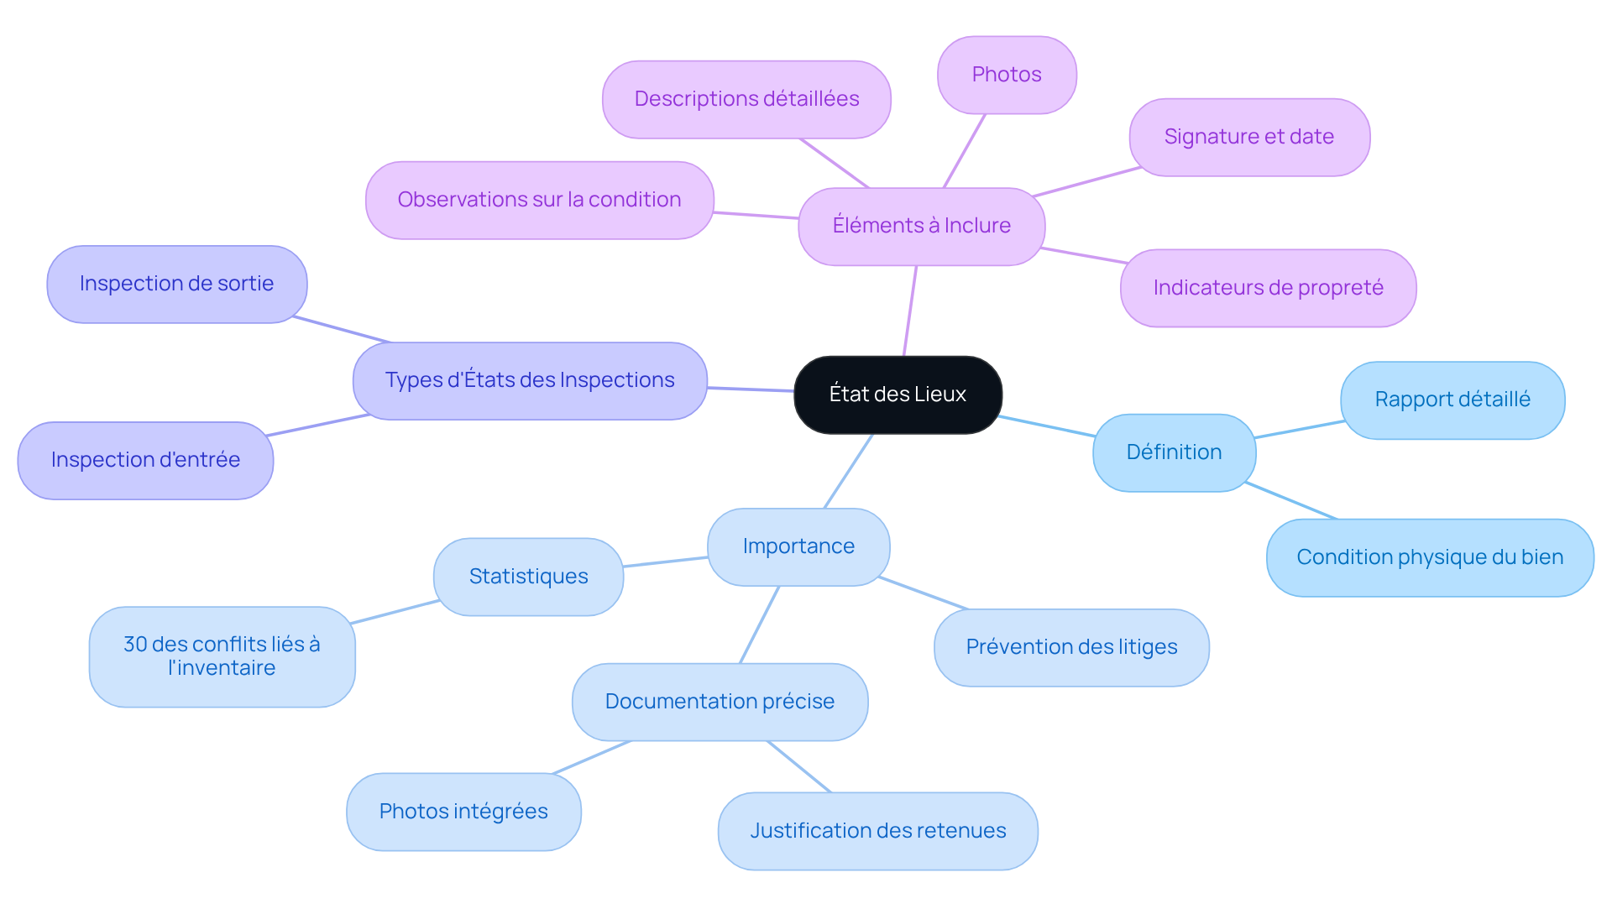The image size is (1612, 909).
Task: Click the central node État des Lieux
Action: click(x=898, y=394)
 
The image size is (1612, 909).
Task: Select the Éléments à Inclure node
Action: click(x=921, y=226)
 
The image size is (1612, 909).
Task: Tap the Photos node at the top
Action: click(x=1006, y=75)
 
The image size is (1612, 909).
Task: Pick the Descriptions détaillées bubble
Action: click(x=746, y=99)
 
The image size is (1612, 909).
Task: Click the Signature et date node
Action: click(x=1248, y=137)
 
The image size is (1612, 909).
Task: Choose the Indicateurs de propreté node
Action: click(x=1268, y=288)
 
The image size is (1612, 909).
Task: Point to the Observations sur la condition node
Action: click(x=539, y=200)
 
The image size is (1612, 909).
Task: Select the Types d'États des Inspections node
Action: click(x=530, y=380)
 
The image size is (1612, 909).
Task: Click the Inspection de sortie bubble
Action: click(x=176, y=284)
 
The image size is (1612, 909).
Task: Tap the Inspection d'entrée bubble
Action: click(x=145, y=460)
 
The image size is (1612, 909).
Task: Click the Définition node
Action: click(x=1174, y=452)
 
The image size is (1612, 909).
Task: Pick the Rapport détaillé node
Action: click(x=1452, y=400)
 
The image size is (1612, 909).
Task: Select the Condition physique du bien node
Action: click(x=1429, y=557)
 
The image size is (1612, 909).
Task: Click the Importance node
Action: click(x=798, y=546)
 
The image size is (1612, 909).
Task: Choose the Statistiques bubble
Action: click(x=528, y=577)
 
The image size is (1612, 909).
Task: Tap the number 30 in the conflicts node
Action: click(x=135, y=645)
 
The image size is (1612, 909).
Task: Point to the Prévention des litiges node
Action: click(x=1071, y=647)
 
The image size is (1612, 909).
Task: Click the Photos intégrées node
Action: click(x=463, y=812)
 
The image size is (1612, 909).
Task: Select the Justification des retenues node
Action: click(x=877, y=831)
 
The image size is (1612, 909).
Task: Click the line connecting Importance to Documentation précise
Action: click(x=760, y=624)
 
